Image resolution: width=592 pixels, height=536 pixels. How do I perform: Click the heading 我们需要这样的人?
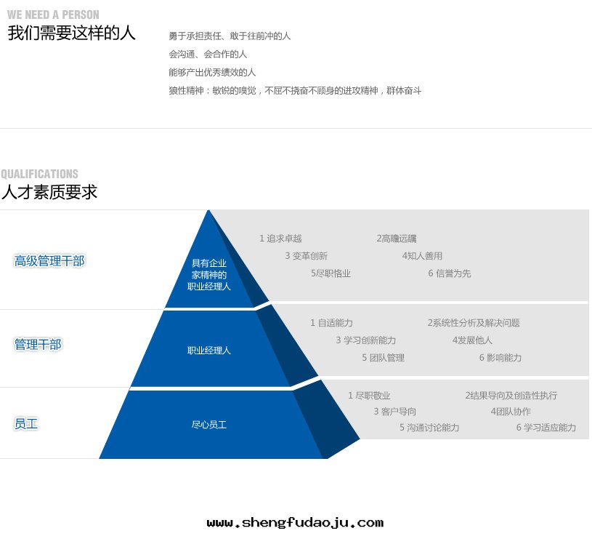71,33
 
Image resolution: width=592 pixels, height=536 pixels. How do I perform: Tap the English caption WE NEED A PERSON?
53,15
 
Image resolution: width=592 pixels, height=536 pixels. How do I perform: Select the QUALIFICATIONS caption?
40,174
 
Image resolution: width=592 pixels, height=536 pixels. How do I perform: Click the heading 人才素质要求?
49,192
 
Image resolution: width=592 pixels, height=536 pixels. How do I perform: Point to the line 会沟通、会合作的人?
208,55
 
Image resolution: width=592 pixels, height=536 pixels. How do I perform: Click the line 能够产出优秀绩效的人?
212,72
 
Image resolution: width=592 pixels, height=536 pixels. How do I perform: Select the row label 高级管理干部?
49,261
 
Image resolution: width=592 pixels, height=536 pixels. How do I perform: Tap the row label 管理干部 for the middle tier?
38,344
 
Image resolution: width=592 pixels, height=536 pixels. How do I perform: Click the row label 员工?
26,424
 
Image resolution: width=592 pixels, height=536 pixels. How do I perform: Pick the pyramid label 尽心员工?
208,425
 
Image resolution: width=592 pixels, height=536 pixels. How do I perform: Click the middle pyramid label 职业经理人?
208,351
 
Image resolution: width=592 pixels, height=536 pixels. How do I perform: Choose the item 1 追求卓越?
280,239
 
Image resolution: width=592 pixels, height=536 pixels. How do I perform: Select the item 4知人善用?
422,256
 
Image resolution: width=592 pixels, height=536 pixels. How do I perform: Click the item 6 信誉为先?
450,273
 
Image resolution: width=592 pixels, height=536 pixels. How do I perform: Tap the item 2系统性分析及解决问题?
474,323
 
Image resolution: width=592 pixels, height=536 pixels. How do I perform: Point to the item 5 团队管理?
384,358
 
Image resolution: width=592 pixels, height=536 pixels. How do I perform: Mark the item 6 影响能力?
500,358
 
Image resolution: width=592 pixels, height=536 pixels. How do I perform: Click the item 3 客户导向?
395,411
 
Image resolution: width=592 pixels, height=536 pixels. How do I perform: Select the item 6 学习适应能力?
546,428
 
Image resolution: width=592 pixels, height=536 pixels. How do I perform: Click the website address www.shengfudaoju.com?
295,523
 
